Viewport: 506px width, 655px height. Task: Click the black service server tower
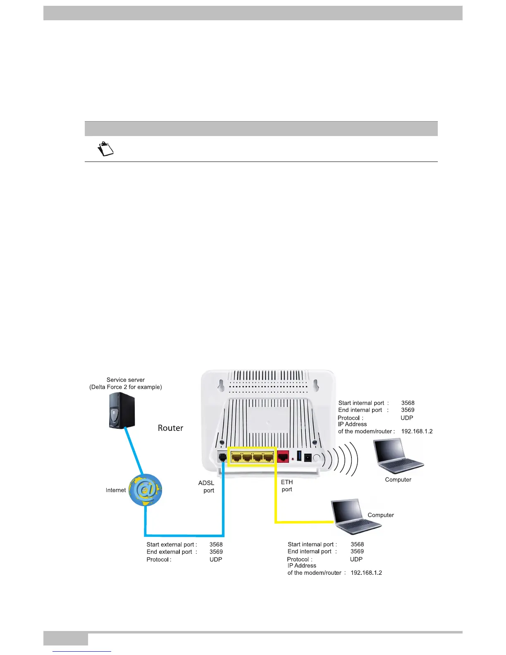(x=122, y=410)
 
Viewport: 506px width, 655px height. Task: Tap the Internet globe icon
(x=146, y=490)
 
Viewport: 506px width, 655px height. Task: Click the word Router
(x=170, y=428)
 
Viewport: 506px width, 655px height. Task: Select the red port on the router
(x=283, y=457)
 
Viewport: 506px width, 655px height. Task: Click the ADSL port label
(x=207, y=487)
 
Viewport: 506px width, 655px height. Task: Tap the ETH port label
(x=287, y=486)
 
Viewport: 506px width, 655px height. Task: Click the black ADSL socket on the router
(x=222, y=458)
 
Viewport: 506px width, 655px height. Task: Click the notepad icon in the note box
(x=105, y=149)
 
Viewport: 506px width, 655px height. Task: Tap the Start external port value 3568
(x=216, y=545)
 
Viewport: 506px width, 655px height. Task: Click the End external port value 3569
(x=216, y=552)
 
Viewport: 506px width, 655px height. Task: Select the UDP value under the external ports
(x=216, y=559)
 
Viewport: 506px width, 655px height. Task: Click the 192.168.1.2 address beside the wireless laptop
(x=417, y=431)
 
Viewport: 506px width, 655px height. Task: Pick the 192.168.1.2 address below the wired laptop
(x=366, y=573)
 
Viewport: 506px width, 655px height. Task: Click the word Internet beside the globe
(x=116, y=490)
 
